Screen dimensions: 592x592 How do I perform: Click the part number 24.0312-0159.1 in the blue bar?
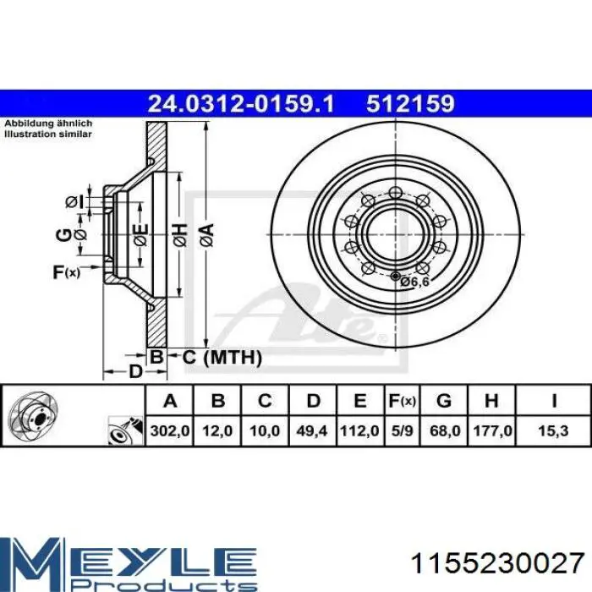(241, 104)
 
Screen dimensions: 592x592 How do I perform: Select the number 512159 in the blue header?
(410, 104)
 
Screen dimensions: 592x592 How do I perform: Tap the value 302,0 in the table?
(170, 430)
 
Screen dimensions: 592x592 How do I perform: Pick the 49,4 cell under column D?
(312, 430)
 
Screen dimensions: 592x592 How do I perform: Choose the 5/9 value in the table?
(403, 430)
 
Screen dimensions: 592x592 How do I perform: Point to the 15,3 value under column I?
(553, 430)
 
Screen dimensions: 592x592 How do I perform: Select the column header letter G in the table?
(444, 400)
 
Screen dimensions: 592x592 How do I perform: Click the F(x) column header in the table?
(403, 401)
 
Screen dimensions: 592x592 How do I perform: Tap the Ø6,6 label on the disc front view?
(414, 282)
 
